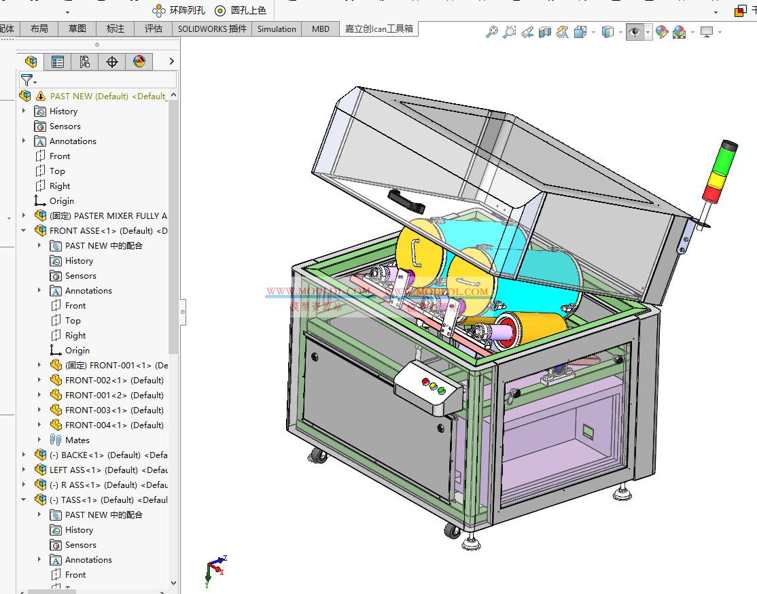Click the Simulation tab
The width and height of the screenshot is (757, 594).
coord(277,29)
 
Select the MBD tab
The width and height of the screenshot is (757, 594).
coord(321,29)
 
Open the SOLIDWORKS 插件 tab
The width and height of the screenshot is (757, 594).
coord(212,29)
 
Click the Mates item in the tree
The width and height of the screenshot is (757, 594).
coord(77,440)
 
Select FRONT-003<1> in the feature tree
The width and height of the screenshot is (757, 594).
coord(113,410)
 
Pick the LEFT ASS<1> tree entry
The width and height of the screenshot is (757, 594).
coord(108,470)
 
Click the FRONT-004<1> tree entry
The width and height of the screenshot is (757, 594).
coord(113,425)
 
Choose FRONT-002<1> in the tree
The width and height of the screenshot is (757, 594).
coord(113,381)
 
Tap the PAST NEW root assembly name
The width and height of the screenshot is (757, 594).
coord(88,97)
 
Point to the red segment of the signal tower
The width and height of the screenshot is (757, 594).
coord(713,194)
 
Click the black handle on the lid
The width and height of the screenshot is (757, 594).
coord(406,201)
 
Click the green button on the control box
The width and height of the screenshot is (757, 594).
coord(441,391)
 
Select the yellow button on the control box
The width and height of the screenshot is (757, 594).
coord(434,386)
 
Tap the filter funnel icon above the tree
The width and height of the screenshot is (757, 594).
coord(27,80)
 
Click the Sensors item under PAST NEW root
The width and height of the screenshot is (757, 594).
coord(65,126)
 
